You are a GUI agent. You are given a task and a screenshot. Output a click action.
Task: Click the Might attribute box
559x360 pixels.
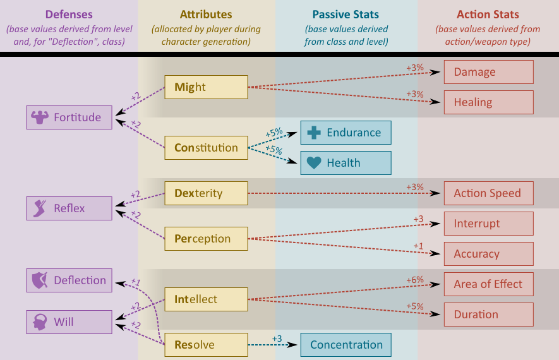click(x=206, y=87)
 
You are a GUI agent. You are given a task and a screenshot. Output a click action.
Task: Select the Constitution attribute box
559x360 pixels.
click(x=206, y=148)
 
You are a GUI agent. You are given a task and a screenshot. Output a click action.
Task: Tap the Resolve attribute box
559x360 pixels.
click(x=206, y=345)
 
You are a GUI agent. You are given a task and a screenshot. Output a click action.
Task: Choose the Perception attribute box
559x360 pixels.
click(x=206, y=239)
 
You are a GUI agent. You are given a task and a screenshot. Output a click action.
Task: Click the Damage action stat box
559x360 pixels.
click(x=488, y=72)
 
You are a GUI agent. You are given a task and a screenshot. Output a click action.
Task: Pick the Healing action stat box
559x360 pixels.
click(x=488, y=102)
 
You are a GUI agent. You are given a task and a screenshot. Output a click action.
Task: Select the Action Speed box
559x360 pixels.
click(x=488, y=193)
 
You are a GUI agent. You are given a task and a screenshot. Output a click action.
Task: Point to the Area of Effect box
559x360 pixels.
click(x=488, y=284)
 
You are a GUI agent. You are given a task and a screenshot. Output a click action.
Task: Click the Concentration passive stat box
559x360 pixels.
click(x=346, y=345)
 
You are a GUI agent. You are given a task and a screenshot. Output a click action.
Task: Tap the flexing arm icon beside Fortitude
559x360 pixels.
click(x=40, y=117)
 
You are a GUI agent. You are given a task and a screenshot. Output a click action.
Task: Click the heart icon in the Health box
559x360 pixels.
click(x=314, y=163)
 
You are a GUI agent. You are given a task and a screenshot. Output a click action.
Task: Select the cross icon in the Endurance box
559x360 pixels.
click(x=314, y=133)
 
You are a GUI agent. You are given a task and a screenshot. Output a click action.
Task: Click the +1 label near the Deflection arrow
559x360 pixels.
click(x=135, y=282)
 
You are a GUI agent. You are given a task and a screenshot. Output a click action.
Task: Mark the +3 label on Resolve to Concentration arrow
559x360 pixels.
click(x=277, y=339)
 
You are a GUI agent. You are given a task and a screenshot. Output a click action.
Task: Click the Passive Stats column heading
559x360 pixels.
click(x=346, y=15)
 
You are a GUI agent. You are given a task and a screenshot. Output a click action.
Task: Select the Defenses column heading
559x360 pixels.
click(x=69, y=15)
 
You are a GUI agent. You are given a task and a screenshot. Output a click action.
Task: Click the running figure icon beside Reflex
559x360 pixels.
click(x=40, y=208)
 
